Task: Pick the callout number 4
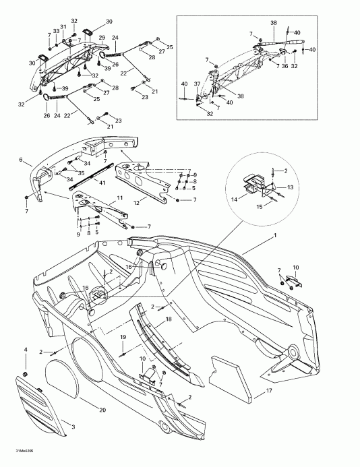tap(26, 350)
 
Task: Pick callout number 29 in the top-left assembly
tap(102, 37)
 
